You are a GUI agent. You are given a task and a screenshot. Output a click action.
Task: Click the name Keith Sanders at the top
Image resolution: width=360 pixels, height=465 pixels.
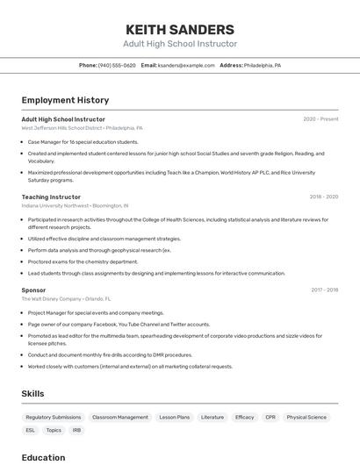click(180, 29)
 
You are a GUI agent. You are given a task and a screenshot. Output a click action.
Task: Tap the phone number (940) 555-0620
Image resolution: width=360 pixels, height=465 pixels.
click(117, 65)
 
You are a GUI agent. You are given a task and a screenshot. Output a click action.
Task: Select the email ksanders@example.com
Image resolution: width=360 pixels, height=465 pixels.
click(185, 65)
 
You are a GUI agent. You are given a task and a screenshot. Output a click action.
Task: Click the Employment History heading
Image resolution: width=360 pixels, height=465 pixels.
click(65, 100)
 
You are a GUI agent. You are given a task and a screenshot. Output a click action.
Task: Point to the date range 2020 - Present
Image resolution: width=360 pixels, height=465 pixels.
click(320, 118)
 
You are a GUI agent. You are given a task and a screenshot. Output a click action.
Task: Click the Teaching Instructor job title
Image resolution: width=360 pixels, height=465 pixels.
click(51, 197)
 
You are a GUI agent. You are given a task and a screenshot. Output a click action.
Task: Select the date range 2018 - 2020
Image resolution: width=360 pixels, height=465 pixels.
click(324, 197)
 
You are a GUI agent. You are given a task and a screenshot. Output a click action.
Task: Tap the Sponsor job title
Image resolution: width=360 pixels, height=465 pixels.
click(33, 290)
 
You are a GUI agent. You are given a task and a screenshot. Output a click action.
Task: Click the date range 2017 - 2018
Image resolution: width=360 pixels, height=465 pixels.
click(325, 290)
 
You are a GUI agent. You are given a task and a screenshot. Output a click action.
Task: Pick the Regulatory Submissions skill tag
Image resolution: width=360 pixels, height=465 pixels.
click(54, 418)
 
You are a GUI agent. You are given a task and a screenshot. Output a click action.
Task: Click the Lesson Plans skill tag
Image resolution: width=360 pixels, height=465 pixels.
click(174, 418)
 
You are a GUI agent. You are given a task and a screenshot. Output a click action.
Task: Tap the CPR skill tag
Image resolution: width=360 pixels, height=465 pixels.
click(270, 418)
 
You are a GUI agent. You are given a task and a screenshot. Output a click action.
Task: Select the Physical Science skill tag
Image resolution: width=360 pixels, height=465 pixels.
click(306, 418)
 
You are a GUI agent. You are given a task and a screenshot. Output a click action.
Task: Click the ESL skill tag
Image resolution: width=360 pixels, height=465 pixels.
click(31, 430)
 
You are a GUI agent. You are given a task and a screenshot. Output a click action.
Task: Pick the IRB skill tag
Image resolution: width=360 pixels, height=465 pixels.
click(77, 430)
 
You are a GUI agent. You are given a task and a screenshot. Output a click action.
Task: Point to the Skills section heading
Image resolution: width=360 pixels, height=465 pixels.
click(32, 394)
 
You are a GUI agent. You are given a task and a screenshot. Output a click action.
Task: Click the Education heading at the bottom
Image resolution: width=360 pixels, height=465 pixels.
click(43, 457)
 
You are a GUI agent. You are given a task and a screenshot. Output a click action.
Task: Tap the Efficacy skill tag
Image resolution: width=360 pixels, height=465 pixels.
click(245, 418)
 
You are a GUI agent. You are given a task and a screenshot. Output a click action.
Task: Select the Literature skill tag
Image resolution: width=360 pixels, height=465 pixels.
click(212, 418)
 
